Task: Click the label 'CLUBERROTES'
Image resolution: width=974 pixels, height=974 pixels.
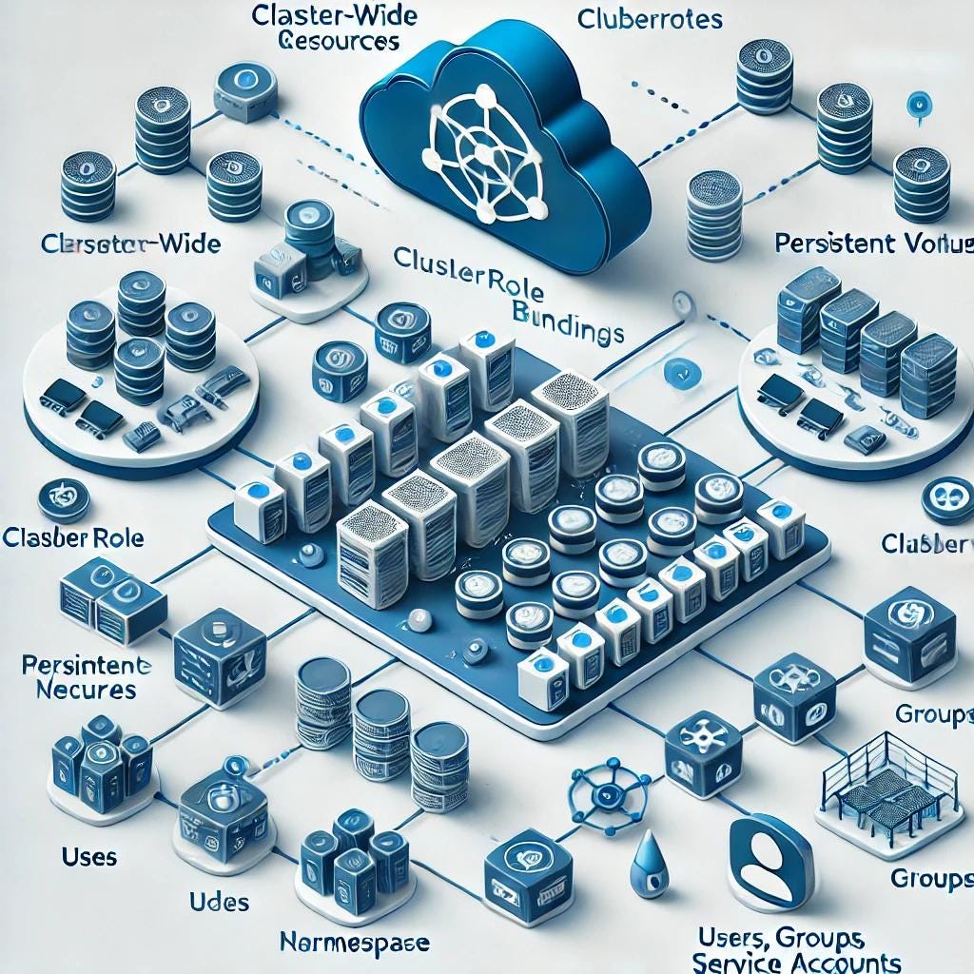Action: pos(649,19)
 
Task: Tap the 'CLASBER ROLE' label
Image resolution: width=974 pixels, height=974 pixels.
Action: pos(72,537)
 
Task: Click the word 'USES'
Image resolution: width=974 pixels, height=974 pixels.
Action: pos(88,856)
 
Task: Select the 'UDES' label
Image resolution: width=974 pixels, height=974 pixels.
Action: pos(220,901)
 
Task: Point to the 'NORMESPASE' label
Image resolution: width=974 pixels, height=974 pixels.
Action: pos(356,943)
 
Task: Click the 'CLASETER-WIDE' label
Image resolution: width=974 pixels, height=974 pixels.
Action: pos(131,243)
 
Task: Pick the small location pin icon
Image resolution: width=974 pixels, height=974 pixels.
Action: pos(918,104)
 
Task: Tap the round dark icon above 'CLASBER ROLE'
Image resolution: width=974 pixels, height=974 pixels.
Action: pos(63,497)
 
